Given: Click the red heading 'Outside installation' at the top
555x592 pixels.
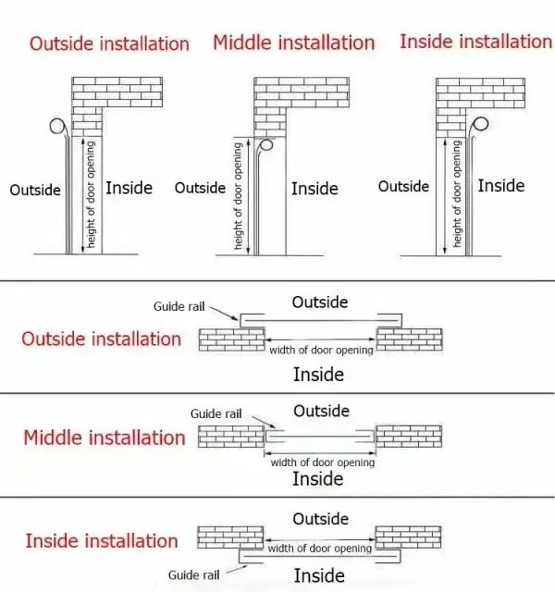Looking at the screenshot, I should click(109, 43).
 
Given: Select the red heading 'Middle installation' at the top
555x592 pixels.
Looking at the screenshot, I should click(294, 43).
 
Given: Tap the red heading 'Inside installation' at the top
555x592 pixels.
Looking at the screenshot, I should click(475, 42).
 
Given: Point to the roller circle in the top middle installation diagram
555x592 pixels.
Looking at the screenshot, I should click(265, 144).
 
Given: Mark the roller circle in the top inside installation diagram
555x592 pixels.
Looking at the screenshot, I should click(481, 124).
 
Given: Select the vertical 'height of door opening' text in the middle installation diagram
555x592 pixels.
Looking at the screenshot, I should click(239, 196).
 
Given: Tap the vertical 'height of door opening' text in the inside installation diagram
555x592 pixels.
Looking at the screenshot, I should click(458, 194).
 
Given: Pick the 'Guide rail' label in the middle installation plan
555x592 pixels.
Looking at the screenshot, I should click(216, 413).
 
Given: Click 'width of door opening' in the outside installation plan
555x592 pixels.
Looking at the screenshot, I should click(321, 350).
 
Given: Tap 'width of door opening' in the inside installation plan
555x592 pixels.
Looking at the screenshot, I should click(320, 549).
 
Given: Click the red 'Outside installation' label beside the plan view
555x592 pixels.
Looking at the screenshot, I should click(102, 339).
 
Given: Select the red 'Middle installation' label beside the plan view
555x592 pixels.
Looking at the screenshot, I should click(105, 438).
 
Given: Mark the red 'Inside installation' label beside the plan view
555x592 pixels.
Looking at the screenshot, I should click(102, 541).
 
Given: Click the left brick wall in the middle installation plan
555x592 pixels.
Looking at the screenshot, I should click(230, 436).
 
